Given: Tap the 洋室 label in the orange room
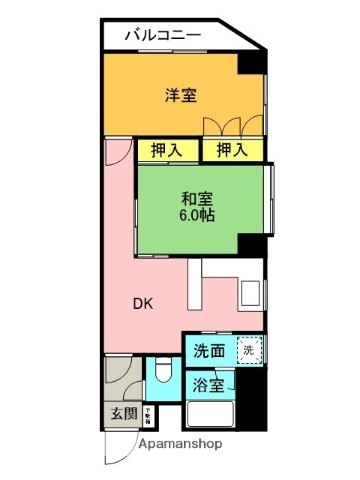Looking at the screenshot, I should (x=180, y=96).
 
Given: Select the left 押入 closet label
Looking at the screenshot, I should (x=167, y=150).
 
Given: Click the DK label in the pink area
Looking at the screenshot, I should (x=144, y=303).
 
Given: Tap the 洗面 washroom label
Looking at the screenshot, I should (x=209, y=352).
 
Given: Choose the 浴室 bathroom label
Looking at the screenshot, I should (x=208, y=385).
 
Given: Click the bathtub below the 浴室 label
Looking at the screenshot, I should (x=210, y=415).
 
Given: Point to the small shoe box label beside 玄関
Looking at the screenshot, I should (x=147, y=414).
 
